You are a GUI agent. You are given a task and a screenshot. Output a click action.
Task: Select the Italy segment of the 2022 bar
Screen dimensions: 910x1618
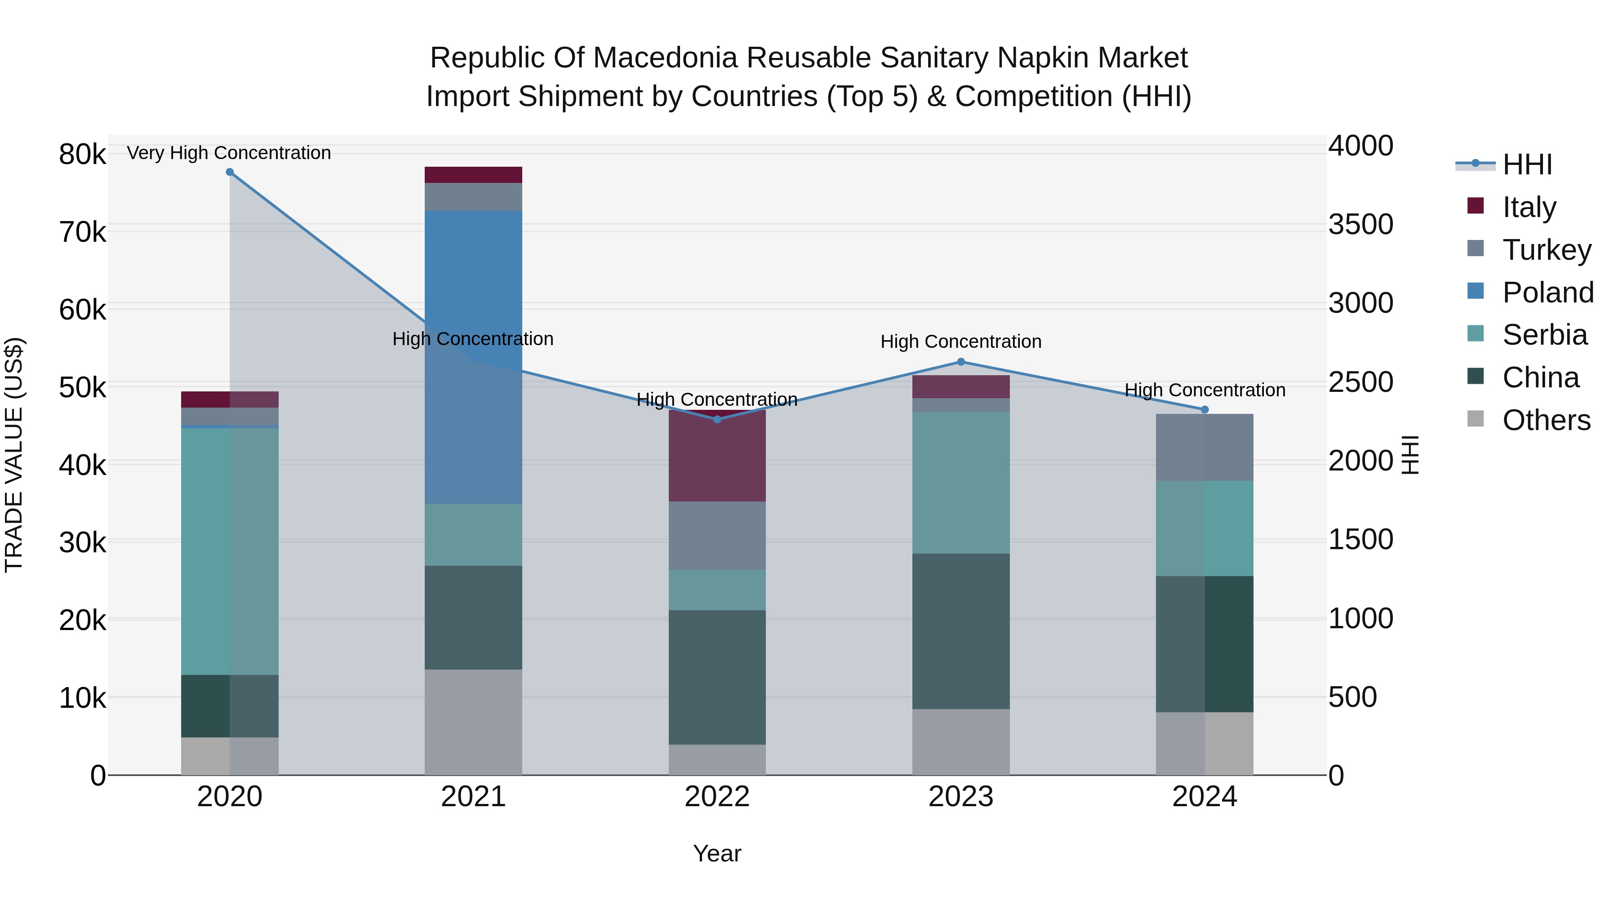717,456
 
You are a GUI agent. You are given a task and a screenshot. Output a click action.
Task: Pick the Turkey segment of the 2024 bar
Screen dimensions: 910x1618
1204,447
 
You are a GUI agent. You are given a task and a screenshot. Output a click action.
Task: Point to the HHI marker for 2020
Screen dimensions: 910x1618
230,172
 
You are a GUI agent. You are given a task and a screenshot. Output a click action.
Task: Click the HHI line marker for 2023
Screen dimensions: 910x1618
960,362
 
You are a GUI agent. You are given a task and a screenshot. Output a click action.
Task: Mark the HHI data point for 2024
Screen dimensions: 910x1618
1204,409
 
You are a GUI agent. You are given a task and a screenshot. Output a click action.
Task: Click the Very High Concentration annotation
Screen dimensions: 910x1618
229,153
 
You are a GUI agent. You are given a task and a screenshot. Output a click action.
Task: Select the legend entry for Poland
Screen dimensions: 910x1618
1547,293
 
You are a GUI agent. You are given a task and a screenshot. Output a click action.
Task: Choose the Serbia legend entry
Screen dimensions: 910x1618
1544,335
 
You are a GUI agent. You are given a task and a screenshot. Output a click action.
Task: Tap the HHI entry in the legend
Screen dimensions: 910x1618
1527,164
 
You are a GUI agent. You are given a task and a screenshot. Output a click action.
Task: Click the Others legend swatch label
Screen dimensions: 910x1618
1546,420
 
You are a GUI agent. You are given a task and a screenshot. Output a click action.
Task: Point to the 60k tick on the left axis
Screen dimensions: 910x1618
82,310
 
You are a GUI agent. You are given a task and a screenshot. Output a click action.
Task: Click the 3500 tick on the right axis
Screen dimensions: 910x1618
1360,225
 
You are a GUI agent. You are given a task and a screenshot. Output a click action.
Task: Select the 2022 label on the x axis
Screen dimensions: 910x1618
717,797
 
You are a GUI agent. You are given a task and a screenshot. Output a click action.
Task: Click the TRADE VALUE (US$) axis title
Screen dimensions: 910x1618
14,455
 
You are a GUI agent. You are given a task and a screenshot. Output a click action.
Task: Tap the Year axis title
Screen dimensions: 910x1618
717,853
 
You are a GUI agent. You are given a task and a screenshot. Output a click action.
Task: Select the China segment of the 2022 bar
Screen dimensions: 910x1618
717,677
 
